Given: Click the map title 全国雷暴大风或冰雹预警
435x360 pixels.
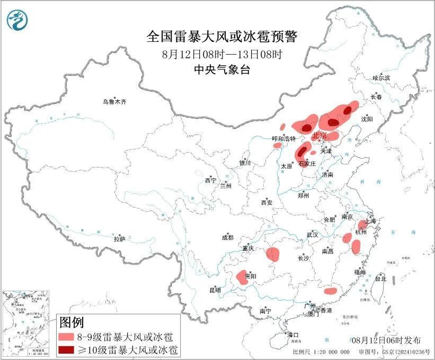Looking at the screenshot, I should pos(222,37).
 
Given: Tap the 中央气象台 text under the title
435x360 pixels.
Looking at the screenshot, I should pos(221,69).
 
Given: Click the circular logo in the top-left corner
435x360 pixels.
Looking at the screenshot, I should pos(17,20).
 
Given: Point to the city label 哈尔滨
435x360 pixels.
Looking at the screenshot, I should pos(381,78).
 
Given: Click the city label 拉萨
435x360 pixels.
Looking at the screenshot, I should pos(119,240).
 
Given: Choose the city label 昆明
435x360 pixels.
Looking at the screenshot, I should pos(215,290).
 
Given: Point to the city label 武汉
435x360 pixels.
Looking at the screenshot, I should pos(312,234).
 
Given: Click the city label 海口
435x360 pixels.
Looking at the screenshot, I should pos(293,335).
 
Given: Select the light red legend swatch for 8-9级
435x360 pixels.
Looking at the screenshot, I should pos(66,337).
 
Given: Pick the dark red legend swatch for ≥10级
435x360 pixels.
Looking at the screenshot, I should pos(66,349).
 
